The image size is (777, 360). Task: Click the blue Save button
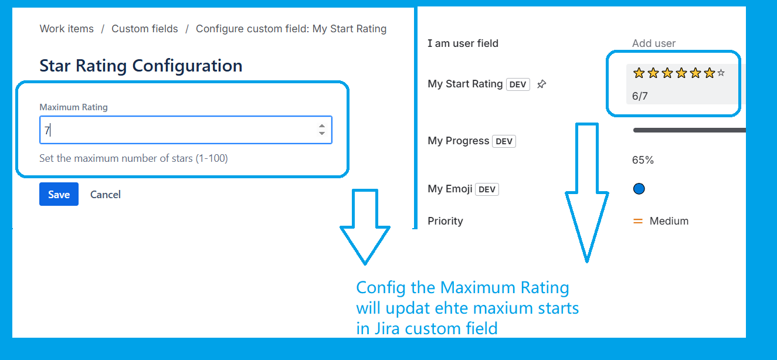pyautogui.click(x=59, y=195)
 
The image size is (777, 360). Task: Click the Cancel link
pyautogui.click(x=106, y=195)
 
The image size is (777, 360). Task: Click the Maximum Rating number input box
pyautogui.click(x=176, y=130)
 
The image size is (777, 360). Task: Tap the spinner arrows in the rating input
pyautogui.click(x=322, y=130)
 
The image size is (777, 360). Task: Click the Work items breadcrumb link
pyautogui.click(x=66, y=29)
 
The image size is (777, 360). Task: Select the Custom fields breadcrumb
pyautogui.click(x=145, y=29)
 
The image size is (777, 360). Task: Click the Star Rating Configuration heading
pyautogui.click(x=141, y=66)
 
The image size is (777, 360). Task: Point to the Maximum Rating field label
pyautogui.click(x=73, y=107)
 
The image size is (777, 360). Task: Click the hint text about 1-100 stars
pyautogui.click(x=133, y=158)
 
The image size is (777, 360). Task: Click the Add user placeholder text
pyautogui.click(x=654, y=43)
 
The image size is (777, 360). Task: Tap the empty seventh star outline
pyautogui.click(x=721, y=73)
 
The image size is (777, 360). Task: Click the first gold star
pyautogui.click(x=639, y=73)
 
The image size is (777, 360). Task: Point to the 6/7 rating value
pyautogui.click(x=640, y=96)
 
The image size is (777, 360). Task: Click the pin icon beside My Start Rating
pyautogui.click(x=542, y=84)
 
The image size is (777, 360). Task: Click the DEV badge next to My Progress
pyautogui.click(x=504, y=141)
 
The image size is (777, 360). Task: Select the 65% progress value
pyautogui.click(x=643, y=160)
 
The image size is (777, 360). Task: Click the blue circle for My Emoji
pyautogui.click(x=639, y=189)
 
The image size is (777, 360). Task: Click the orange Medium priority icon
pyautogui.click(x=638, y=222)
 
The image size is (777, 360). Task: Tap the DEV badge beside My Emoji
pyautogui.click(x=487, y=189)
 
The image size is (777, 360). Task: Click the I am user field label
pyautogui.click(x=463, y=43)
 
